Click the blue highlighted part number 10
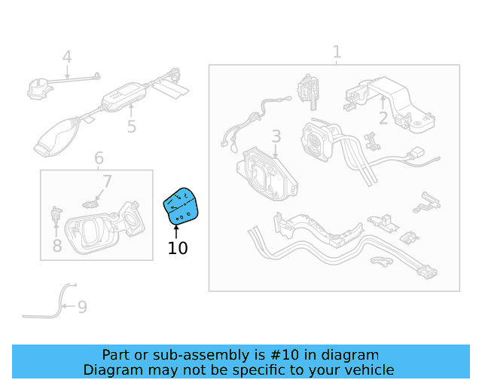[182, 205]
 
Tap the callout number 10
[178, 248]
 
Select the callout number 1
[337, 52]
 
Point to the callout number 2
[383, 118]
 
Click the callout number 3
[276, 136]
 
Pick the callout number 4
[67, 57]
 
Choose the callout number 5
[132, 127]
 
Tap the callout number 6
[99, 159]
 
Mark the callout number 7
[107, 182]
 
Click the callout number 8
[57, 245]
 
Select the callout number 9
[82, 307]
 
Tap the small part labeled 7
[90, 202]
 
